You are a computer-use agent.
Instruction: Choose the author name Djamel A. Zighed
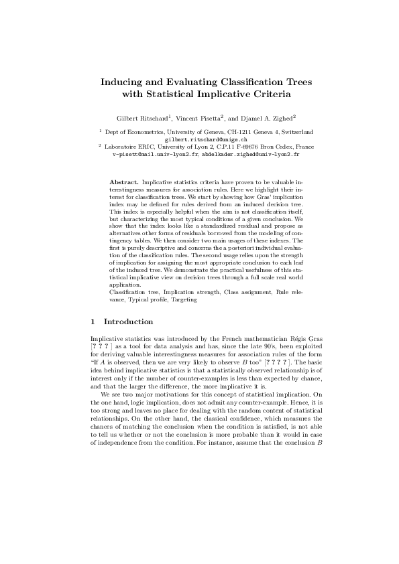point(264,118)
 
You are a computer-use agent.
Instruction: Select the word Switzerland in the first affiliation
point(297,133)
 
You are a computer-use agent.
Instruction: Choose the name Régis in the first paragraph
point(289,340)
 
